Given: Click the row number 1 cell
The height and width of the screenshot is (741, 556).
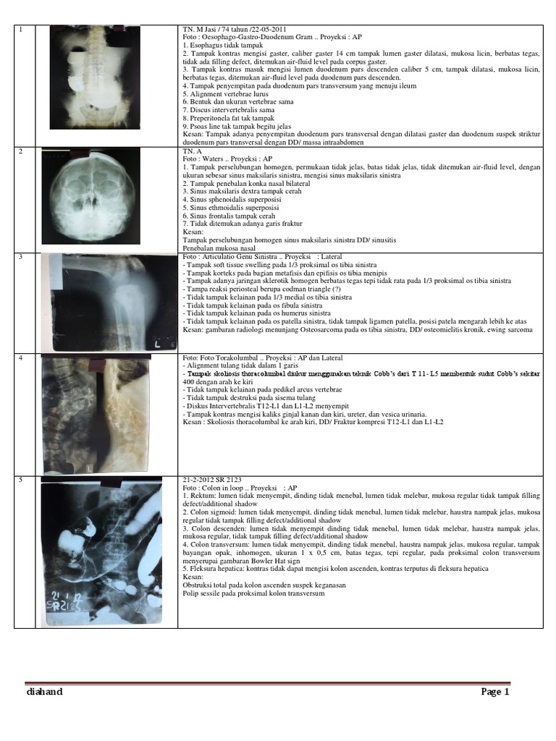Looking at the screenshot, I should (22, 30).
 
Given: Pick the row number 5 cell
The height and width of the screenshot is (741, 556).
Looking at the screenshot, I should (22, 480).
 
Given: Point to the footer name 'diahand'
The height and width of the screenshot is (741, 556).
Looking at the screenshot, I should (44, 693).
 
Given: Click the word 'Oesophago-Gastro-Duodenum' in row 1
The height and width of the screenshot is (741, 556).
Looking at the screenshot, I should (243, 37).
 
